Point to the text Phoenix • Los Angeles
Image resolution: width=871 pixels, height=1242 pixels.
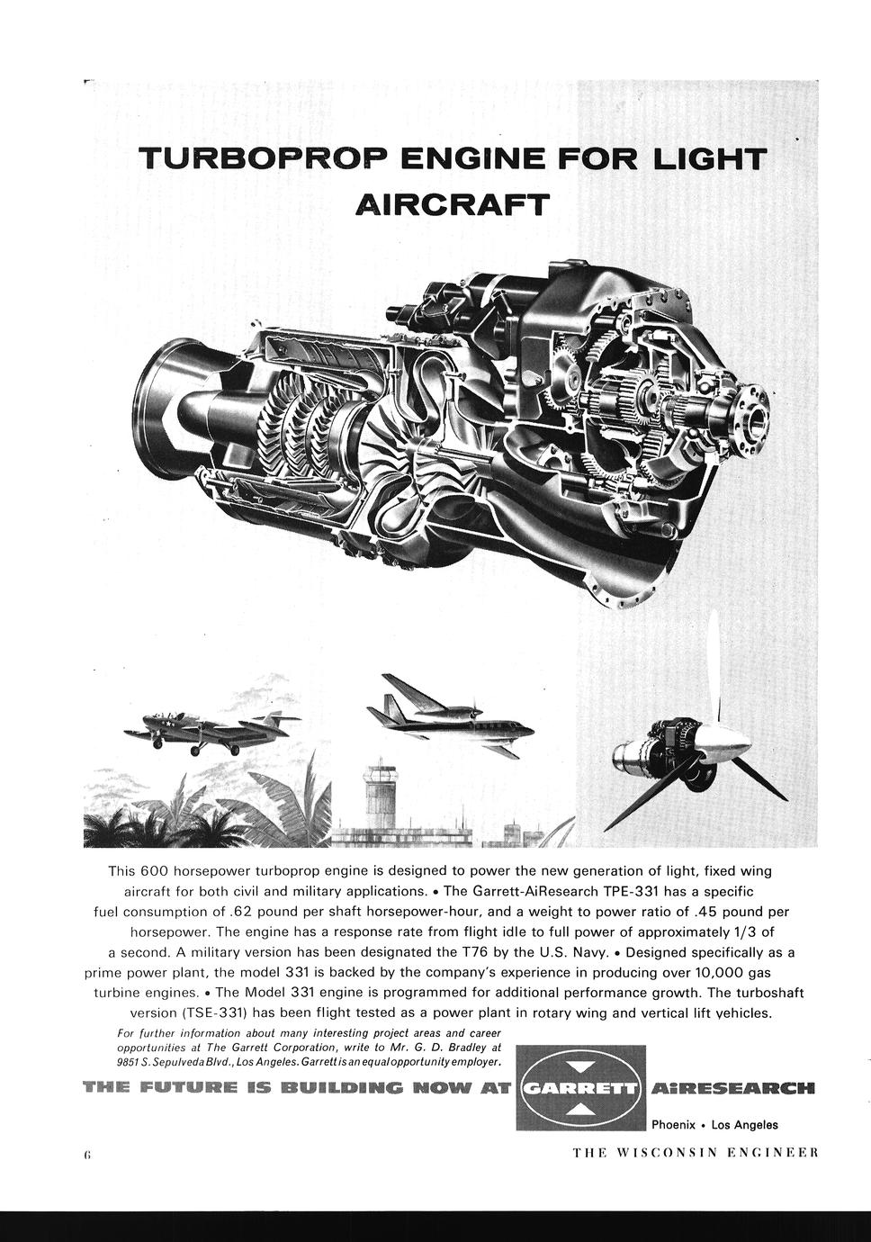(714, 1124)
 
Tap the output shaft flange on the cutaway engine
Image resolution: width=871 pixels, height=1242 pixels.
(750, 409)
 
